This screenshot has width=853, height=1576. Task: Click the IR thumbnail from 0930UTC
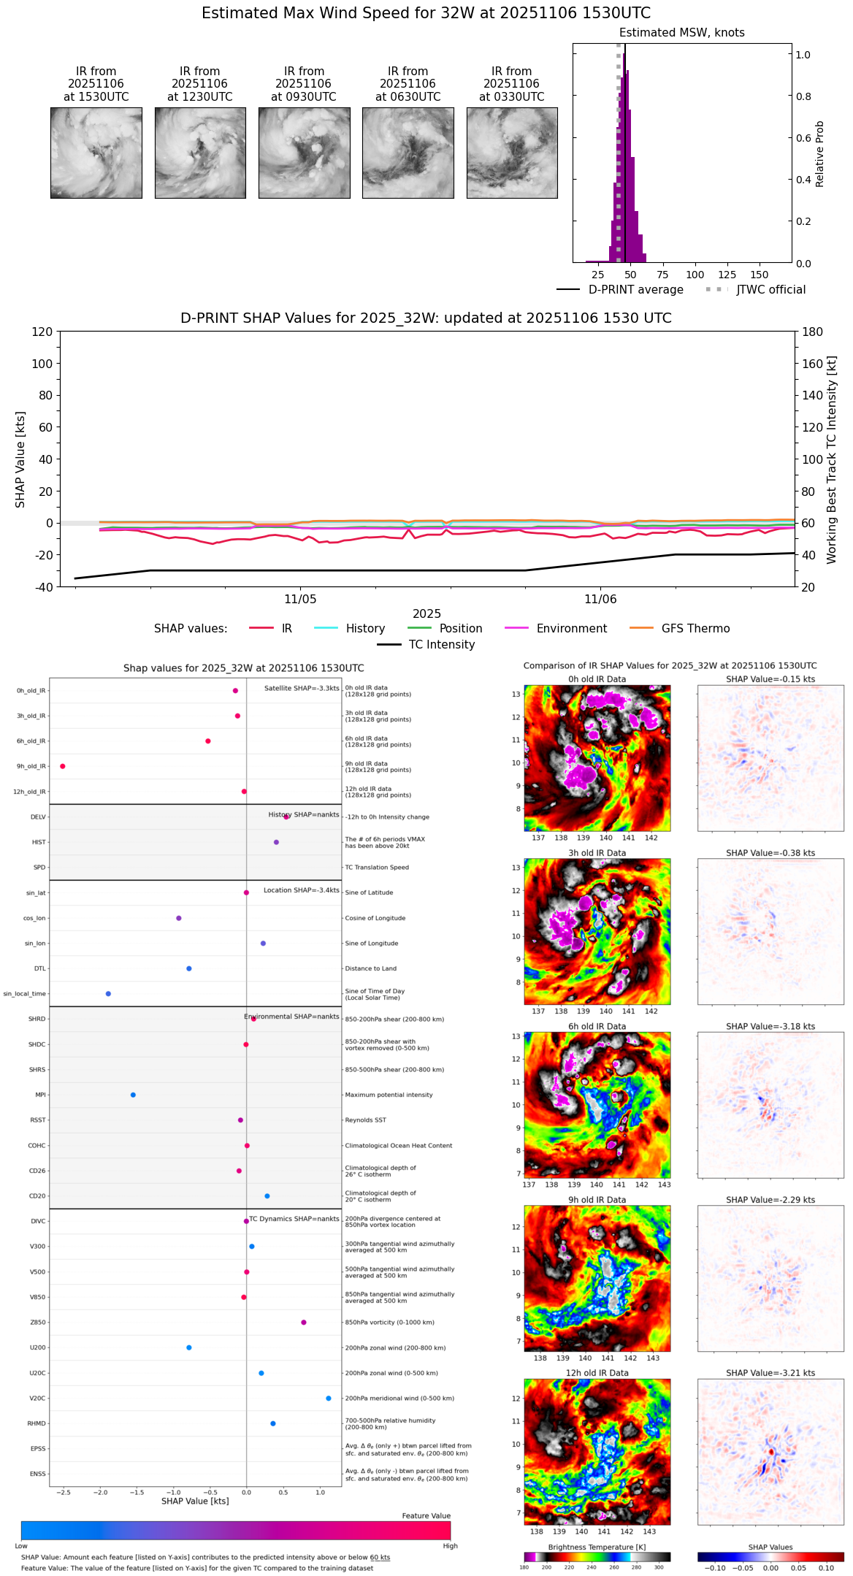tap(304, 153)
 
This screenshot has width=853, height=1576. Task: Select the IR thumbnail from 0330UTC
tap(512, 153)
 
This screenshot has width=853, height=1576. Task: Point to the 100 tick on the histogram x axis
tap(695, 275)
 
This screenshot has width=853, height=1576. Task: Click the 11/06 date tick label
tap(600, 600)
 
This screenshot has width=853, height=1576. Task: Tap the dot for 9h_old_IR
tap(63, 766)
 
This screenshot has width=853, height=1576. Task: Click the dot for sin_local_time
tap(108, 993)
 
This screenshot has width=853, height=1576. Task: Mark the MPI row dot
tap(133, 1095)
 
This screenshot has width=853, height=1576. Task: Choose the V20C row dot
tap(329, 1398)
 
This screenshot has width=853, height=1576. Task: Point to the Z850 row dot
tap(304, 1322)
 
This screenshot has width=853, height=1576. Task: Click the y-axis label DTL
tap(39, 968)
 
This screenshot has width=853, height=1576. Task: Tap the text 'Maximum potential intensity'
tap(389, 1095)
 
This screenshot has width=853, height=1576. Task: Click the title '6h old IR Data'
tap(597, 1026)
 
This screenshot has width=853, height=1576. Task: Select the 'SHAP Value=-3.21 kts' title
tap(770, 1373)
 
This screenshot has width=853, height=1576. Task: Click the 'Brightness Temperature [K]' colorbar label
tap(597, 1547)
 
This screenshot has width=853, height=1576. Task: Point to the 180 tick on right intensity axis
tap(813, 332)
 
